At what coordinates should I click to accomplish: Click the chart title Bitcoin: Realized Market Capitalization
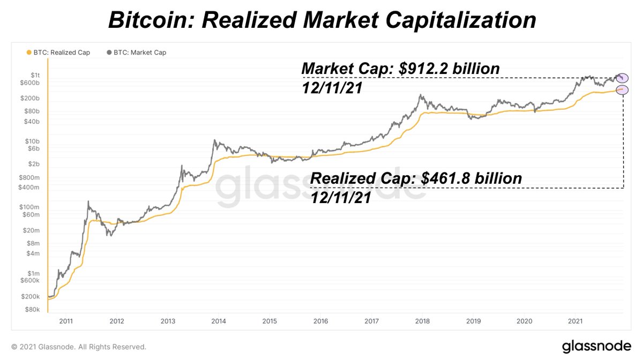322,20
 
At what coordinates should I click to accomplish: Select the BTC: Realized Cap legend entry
58,52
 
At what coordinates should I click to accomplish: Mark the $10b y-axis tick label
32,141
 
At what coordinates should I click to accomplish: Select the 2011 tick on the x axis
66,321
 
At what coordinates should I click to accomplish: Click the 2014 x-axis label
219,321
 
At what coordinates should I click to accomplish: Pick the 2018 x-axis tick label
422,321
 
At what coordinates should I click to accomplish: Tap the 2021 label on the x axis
575,321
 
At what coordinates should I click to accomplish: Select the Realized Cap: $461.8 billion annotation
416,178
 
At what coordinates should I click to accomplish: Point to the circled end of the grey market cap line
622,78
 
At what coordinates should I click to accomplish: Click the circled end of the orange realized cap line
622,90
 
